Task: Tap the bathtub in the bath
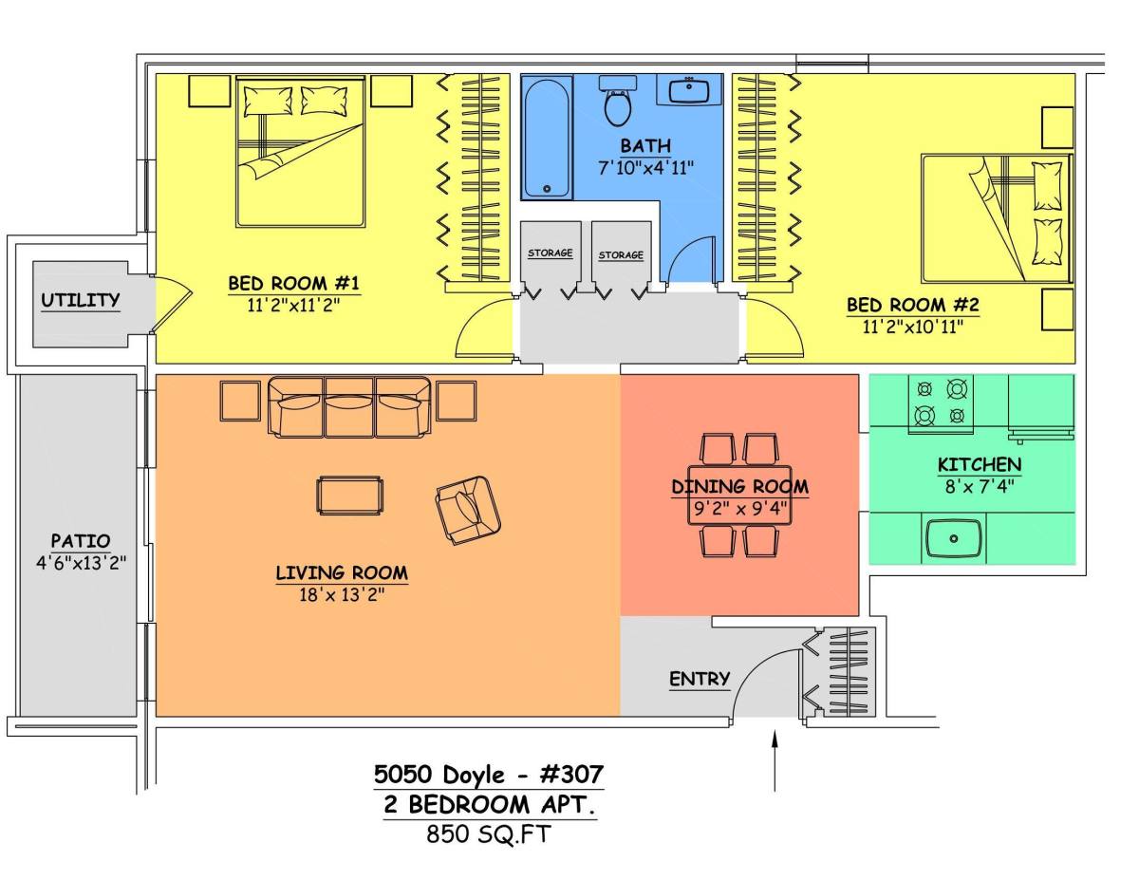pyautogui.click(x=547, y=137)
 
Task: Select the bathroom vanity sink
pyautogui.click(x=689, y=89)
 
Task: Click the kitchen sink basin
pyautogui.click(x=954, y=538)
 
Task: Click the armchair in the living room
pyautogui.click(x=468, y=510)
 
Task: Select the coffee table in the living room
pyautogui.click(x=349, y=496)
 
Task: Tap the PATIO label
pyautogui.click(x=81, y=540)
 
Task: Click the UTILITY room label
pyautogui.click(x=80, y=300)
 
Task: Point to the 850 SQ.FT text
pyautogui.click(x=489, y=833)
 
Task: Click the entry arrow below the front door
pyautogui.click(x=775, y=759)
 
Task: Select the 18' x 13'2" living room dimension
pyautogui.click(x=343, y=595)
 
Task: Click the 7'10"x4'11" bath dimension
pyautogui.click(x=645, y=168)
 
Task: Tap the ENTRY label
pyautogui.click(x=700, y=679)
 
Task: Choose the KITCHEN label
pyautogui.click(x=980, y=464)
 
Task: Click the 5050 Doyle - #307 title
pyautogui.click(x=489, y=775)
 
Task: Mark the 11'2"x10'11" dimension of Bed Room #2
pyautogui.click(x=913, y=328)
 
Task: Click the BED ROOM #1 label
pyautogui.click(x=294, y=284)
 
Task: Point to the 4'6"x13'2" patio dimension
pyautogui.click(x=82, y=563)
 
